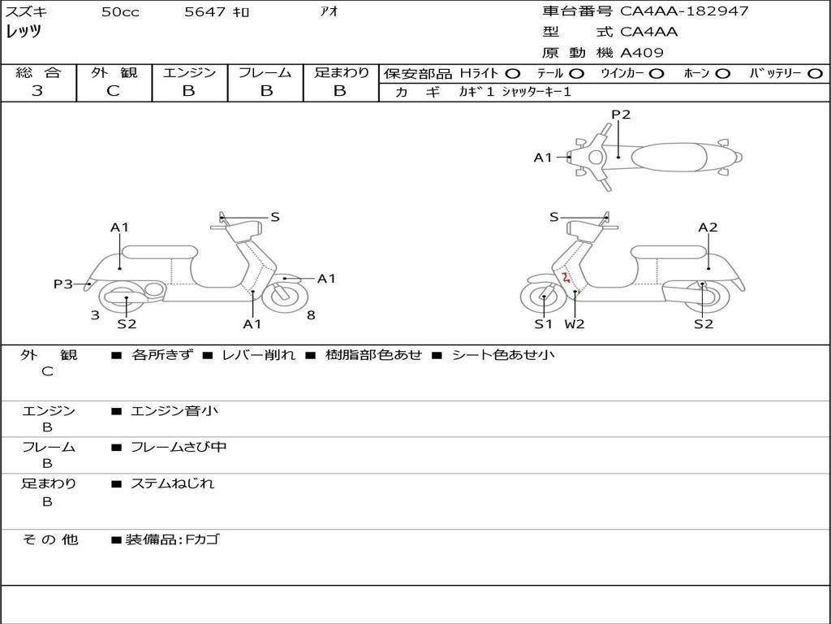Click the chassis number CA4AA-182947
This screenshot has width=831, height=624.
(x=684, y=11)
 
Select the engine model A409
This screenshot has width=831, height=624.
(x=641, y=53)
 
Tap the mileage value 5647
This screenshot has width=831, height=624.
(x=205, y=11)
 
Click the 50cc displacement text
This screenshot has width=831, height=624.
(x=120, y=11)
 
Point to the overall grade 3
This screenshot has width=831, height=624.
(x=37, y=91)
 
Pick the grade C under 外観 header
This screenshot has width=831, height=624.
(x=113, y=91)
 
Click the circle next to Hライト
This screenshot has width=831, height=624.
(x=513, y=74)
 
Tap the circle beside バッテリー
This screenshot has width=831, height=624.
(x=815, y=74)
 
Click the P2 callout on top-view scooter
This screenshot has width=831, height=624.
(x=621, y=115)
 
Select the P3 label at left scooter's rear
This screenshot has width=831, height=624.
(x=62, y=284)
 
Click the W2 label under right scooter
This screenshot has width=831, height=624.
(x=575, y=324)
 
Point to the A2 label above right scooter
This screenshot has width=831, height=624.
(x=708, y=227)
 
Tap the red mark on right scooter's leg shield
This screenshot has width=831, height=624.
(x=566, y=278)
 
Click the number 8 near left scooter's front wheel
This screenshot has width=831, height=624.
(x=311, y=315)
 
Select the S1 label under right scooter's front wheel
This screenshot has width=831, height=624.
(x=543, y=324)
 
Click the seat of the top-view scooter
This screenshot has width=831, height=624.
(x=669, y=157)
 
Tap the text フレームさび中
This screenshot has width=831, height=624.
(x=179, y=448)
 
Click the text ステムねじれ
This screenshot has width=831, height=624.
(x=172, y=484)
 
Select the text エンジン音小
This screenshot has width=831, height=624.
(x=174, y=410)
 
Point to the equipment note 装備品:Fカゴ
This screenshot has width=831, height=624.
(x=172, y=539)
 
